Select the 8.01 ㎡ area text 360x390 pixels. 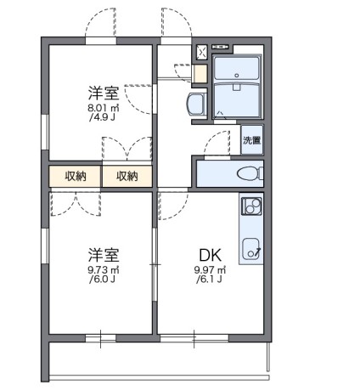pos(100,108)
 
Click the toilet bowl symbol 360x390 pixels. pos(247,174)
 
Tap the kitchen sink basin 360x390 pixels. pos(251,248)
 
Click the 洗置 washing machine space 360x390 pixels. pos(251,140)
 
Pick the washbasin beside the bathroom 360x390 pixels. pos(194,105)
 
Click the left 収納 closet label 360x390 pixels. pos(75,176)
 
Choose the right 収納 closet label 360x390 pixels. pos(127,176)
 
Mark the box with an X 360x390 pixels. pos(201,53)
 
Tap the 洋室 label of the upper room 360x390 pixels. pos(100,91)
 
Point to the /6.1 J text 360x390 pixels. pos(210,280)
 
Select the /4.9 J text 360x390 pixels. pos(100,118)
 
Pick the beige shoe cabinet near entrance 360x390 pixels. pos(200,73)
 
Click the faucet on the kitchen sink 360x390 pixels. pos(259,251)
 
